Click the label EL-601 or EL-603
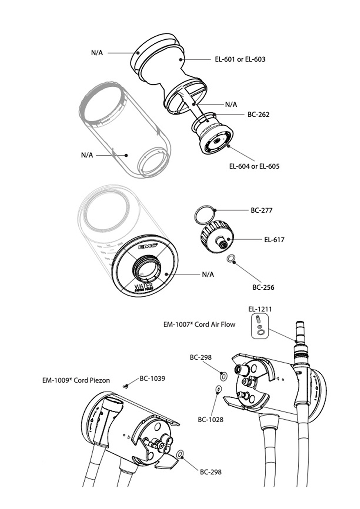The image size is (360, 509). point(240,59)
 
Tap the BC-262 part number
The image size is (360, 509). point(258,115)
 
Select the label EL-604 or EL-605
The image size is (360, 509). point(254,167)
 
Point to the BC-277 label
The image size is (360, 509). point(261,211)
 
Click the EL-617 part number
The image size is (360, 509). point(274,240)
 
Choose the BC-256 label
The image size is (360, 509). point(263,287)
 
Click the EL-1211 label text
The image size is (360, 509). point(260,309)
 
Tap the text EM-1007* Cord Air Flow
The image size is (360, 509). point(199,325)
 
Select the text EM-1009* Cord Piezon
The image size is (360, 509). point(76,380)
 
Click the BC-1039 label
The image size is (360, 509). point(152,378)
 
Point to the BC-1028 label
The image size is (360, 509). point(211,419)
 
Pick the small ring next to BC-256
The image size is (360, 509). point(231,259)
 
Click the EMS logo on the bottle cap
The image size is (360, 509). point(148,247)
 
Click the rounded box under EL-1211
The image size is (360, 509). point(259,327)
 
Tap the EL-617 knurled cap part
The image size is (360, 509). point(216,236)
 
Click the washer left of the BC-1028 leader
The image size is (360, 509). point(218,389)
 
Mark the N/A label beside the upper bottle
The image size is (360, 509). point(87,155)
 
